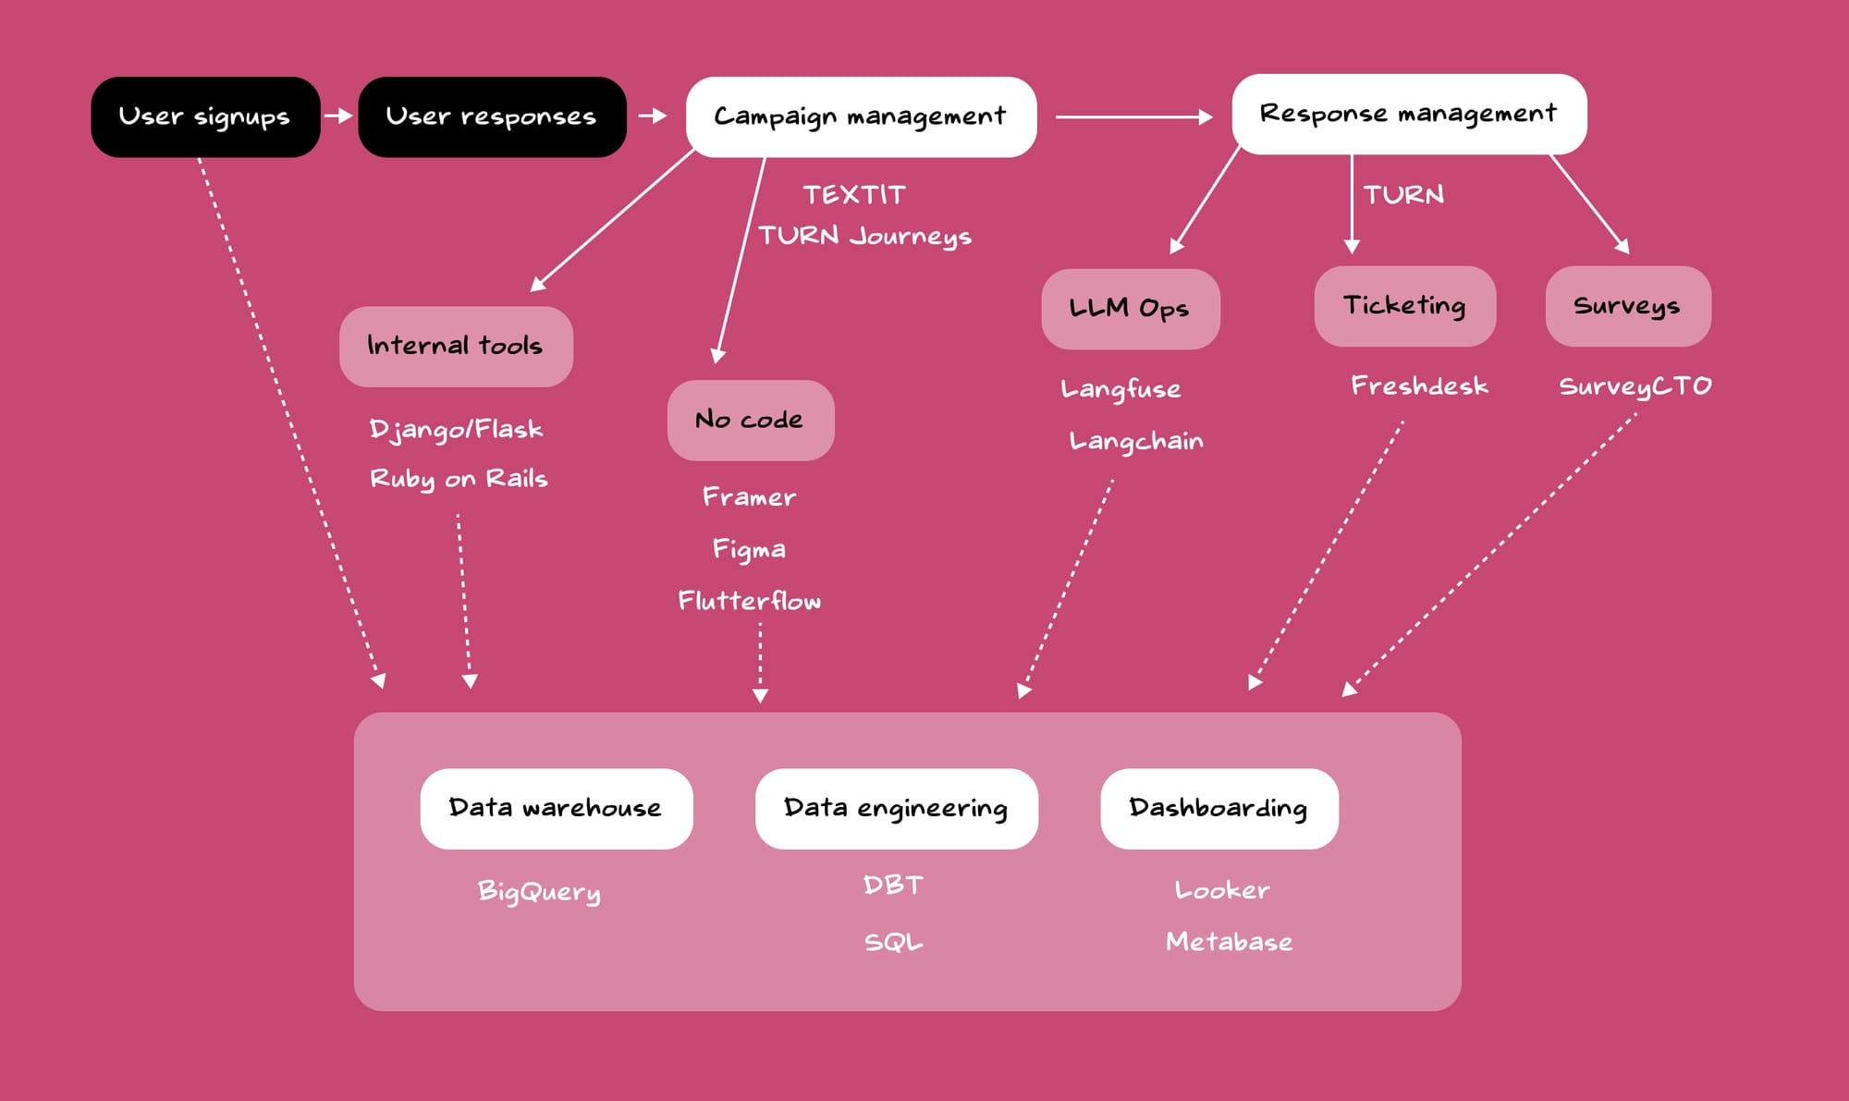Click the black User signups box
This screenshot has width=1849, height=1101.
(205, 117)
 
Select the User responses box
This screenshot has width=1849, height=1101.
(492, 117)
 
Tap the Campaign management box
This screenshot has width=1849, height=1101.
(861, 117)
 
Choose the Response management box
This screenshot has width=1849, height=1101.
(1409, 115)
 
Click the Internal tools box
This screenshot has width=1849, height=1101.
(456, 347)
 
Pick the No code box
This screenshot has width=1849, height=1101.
(750, 421)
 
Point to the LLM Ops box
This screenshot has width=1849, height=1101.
(1130, 309)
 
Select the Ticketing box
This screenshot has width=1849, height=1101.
(1404, 306)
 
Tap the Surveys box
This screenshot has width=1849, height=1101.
(1627, 306)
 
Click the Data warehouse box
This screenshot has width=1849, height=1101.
(556, 809)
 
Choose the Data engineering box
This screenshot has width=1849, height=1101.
(896, 809)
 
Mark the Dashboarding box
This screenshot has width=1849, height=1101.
(1218, 809)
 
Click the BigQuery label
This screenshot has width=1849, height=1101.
(539, 891)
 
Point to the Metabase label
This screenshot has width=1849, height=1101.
(1229, 942)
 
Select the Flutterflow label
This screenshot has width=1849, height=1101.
(750, 601)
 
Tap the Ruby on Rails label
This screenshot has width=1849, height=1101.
(459, 479)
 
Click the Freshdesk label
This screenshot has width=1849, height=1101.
(1419, 385)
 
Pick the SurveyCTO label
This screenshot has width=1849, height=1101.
(1635, 386)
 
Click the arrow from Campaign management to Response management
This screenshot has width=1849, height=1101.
(1133, 117)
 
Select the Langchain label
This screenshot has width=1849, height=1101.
(1136, 441)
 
